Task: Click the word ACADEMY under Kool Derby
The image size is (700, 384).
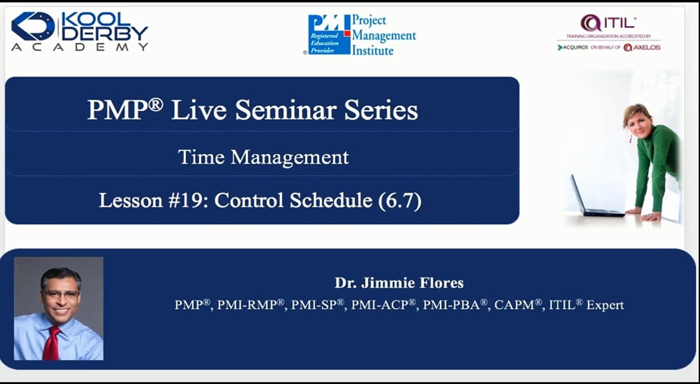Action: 80,47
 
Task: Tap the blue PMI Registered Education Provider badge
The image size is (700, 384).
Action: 329,35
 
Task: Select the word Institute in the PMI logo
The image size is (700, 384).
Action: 373,51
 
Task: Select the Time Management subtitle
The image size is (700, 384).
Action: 263,157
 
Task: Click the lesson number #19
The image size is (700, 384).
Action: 193,201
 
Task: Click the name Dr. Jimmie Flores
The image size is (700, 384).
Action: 399,283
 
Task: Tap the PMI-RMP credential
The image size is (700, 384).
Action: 251,305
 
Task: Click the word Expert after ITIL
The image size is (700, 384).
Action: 605,305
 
